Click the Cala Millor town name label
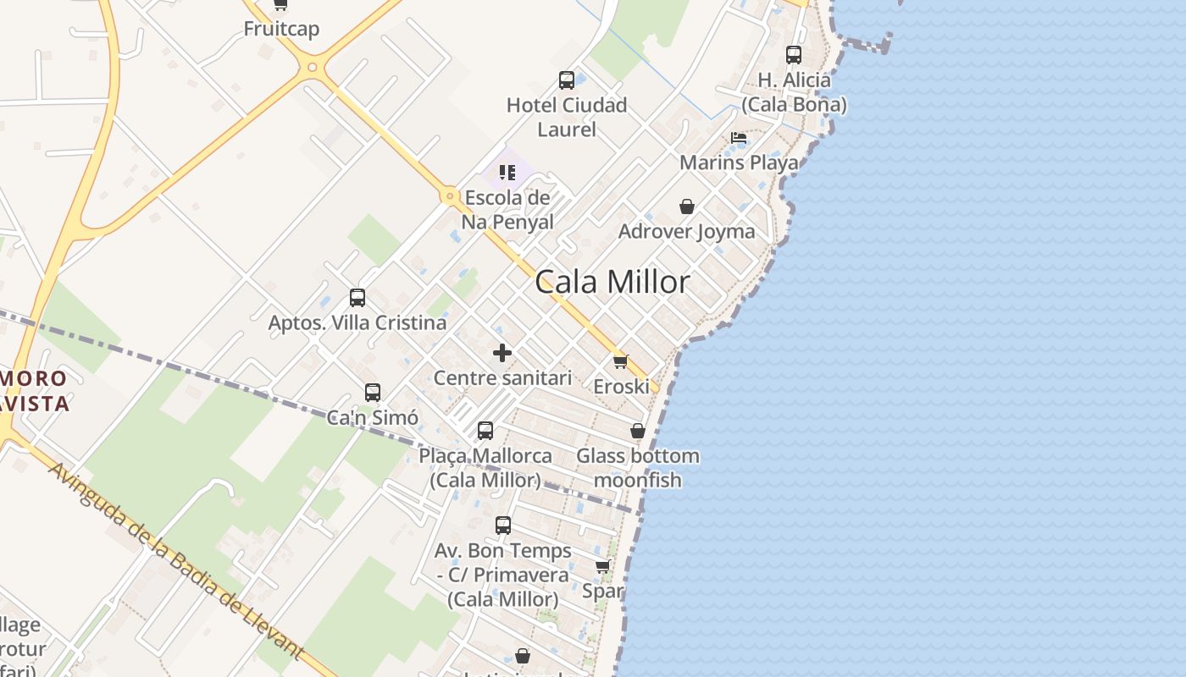point(612,282)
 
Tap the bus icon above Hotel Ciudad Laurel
point(567,80)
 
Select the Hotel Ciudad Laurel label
point(567,117)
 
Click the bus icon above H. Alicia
point(794,55)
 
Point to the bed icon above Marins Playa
point(739,137)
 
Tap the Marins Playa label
point(739,162)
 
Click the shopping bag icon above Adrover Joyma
point(687,206)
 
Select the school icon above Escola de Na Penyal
point(507,173)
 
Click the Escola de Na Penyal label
point(507,210)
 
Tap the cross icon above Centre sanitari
point(502,353)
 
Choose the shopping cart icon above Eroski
point(621,361)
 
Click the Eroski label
point(621,387)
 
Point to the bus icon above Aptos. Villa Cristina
point(357,298)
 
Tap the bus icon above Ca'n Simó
point(373,393)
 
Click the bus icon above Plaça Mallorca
point(485,431)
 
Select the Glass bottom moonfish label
point(638,468)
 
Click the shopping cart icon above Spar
point(602,566)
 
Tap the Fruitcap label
point(281,29)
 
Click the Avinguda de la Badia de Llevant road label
point(176,561)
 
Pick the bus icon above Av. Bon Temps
point(503,526)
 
